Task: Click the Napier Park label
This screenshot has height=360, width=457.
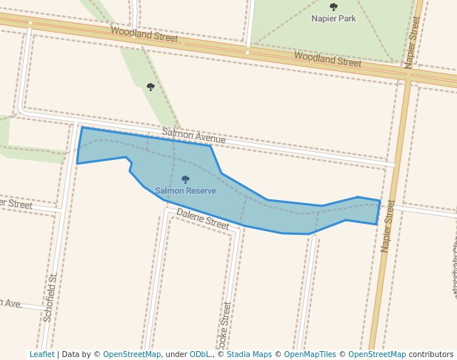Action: (333, 19)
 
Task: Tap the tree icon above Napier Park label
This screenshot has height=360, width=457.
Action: (333, 7)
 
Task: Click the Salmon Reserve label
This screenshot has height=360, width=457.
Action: (185, 190)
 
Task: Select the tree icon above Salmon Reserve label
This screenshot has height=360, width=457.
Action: (185, 179)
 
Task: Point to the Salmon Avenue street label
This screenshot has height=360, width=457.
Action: (193, 136)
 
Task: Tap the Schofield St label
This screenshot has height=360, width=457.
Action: (50, 297)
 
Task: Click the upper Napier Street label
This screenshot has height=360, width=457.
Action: (412, 41)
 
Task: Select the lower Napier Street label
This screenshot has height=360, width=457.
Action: (387, 227)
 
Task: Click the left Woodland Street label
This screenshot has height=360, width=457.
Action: (144, 34)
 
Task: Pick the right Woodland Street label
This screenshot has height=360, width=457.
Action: (327, 59)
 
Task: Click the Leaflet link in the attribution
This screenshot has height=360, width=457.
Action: (41, 354)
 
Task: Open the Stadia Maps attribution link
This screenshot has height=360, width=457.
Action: (249, 354)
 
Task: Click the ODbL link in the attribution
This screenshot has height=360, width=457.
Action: (200, 354)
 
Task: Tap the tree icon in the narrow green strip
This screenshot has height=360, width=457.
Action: (150, 87)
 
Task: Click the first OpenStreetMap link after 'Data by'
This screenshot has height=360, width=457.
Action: (132, 354)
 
